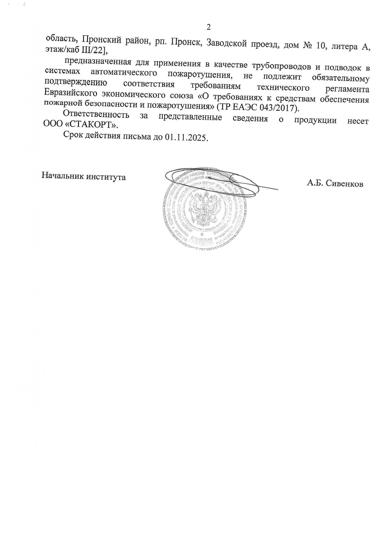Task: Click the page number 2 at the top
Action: click(208, 27)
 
